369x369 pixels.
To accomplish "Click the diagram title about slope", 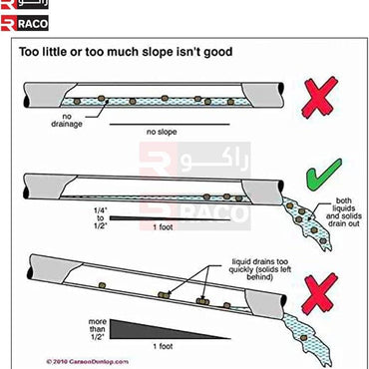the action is click(126, 52).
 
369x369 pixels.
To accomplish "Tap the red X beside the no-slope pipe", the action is click(319, 97).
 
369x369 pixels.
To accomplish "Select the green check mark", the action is click(323, 176).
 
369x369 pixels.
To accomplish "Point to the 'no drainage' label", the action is click(67, 121).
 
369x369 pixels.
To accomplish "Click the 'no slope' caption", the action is click(162, 132).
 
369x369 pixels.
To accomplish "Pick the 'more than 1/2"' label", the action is click(97, 329).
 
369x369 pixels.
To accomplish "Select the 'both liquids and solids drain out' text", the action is click(343, 212).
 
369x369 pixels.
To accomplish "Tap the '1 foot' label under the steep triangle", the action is click(163, 347).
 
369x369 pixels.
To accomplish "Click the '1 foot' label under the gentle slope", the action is click(163, 227).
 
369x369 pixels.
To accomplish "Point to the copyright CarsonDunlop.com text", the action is click(87, 361).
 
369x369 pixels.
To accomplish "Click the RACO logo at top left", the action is click(25, 23).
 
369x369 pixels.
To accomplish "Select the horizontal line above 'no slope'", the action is click(170, 125).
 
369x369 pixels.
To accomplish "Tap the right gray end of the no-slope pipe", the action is click(262, 95).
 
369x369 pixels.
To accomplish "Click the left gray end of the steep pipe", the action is click(53, 268).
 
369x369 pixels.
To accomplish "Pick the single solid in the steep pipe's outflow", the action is click(303, 338).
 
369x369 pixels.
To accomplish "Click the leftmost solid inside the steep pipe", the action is click(103, 285).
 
